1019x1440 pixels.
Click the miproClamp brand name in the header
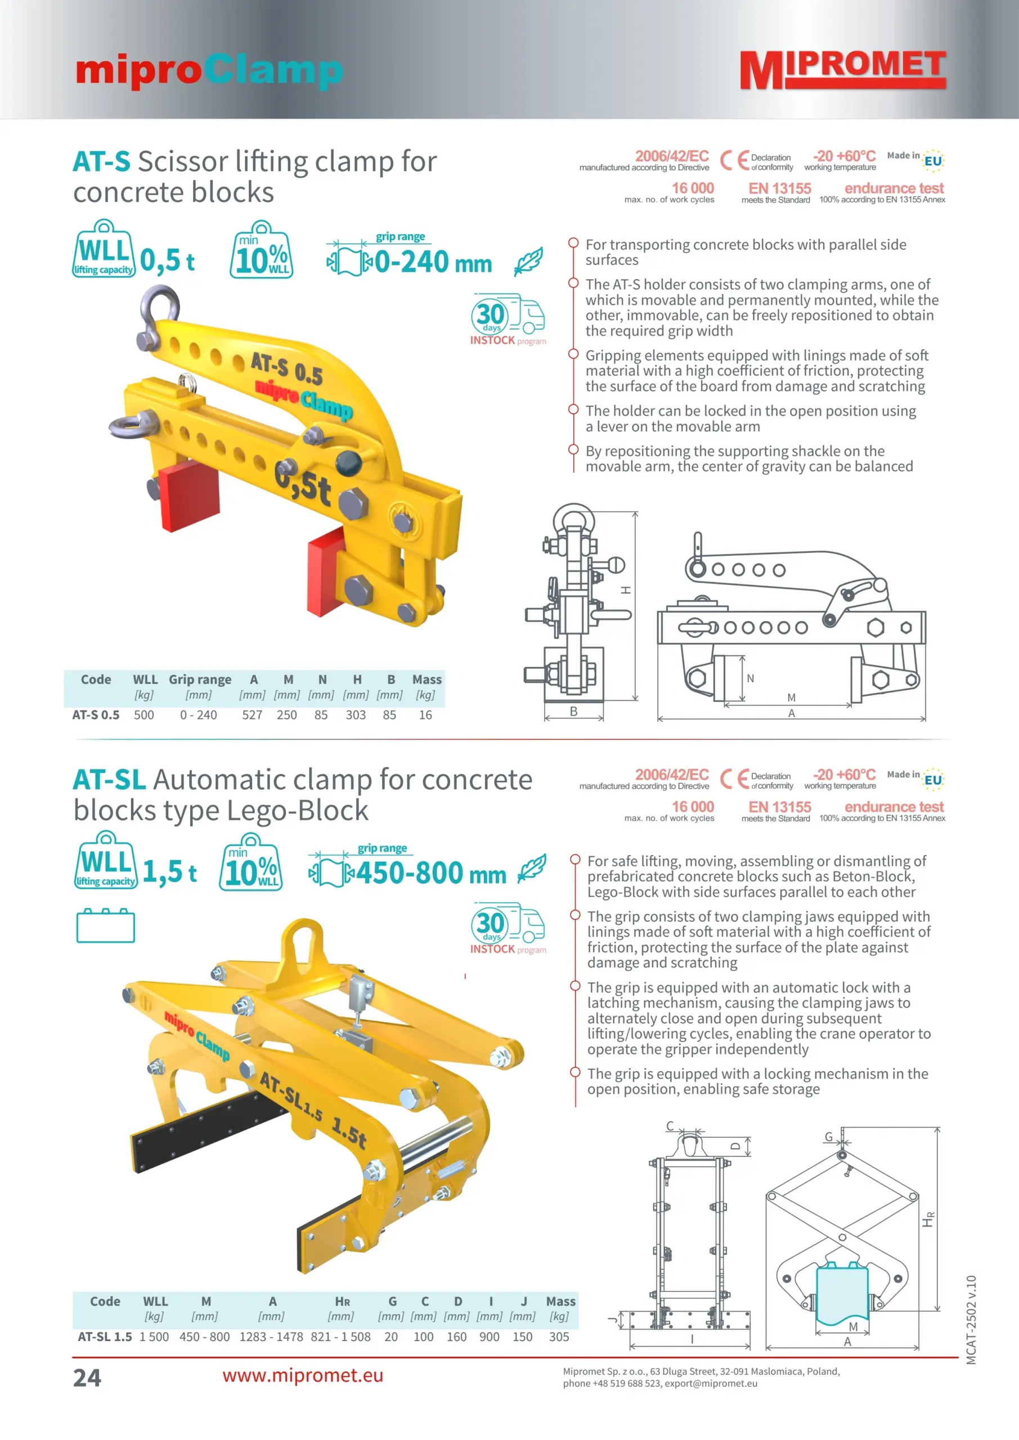(209, 70)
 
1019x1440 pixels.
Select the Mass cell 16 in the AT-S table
(425, 715)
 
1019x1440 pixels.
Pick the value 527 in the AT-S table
(252, 715)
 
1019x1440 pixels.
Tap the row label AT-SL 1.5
(105, 1336)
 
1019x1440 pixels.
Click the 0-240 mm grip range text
(433, 262)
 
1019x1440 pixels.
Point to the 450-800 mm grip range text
(430, 873)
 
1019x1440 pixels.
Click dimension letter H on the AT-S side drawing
(626, 590)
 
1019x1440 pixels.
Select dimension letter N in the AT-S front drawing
(751, 678)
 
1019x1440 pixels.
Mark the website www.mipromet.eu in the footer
(303, 1375)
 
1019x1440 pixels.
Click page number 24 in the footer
(87, 1378)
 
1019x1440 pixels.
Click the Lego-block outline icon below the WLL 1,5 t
(105, 926)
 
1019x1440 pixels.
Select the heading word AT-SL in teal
(109, 780)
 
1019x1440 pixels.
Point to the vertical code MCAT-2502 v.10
(971, 1320)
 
